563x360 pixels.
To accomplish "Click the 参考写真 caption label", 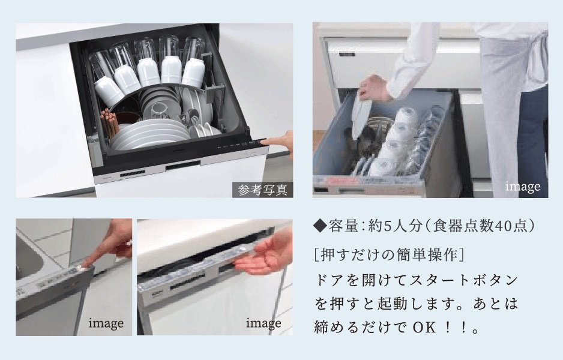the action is (262, 190).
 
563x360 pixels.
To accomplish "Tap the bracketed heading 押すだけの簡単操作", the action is (389, 255).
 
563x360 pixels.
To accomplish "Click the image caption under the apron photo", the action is (522, 186).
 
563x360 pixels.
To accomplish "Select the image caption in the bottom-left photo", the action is (106, 323).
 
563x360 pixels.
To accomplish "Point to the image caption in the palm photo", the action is (263, 323).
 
